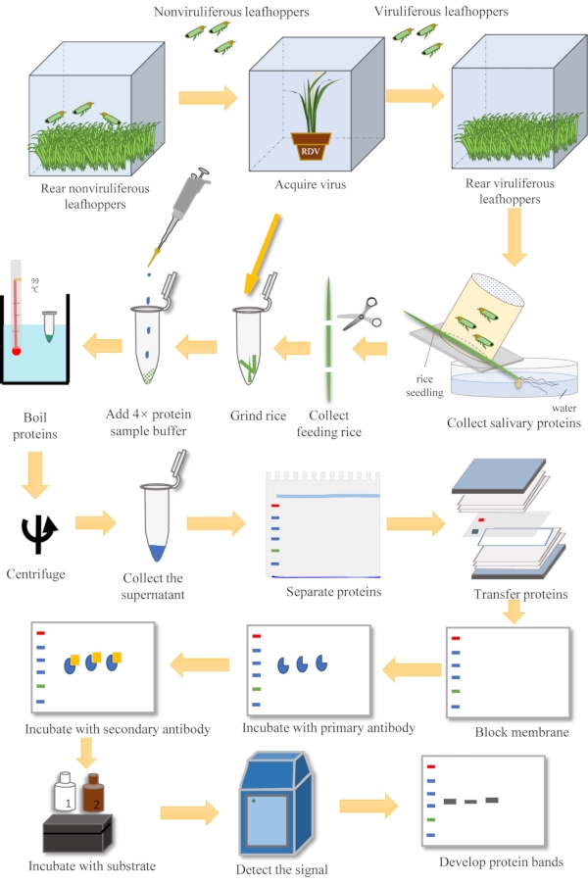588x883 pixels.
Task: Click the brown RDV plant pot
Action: point(311,146)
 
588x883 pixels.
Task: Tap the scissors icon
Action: point(360,314)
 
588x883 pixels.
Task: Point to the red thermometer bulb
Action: point(17,352)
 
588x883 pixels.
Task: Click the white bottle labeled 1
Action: point(65,792)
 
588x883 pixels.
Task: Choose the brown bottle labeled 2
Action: point(93,793)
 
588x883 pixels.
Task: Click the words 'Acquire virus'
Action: point(311,184)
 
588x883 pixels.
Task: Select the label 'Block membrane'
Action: point(521,732)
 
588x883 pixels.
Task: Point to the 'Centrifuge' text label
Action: point(35,574)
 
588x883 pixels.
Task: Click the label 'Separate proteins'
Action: point(333,591)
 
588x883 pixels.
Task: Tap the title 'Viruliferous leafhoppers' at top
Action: point(441,11)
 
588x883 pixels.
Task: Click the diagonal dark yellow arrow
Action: point(262,254)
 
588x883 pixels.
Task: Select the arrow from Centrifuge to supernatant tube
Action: point(96,522)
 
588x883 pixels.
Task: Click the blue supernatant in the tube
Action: point(157,553)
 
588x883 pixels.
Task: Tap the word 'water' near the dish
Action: point(563,408)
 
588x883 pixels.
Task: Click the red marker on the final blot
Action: point(431,766)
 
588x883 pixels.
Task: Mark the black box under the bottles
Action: point(77,833)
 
